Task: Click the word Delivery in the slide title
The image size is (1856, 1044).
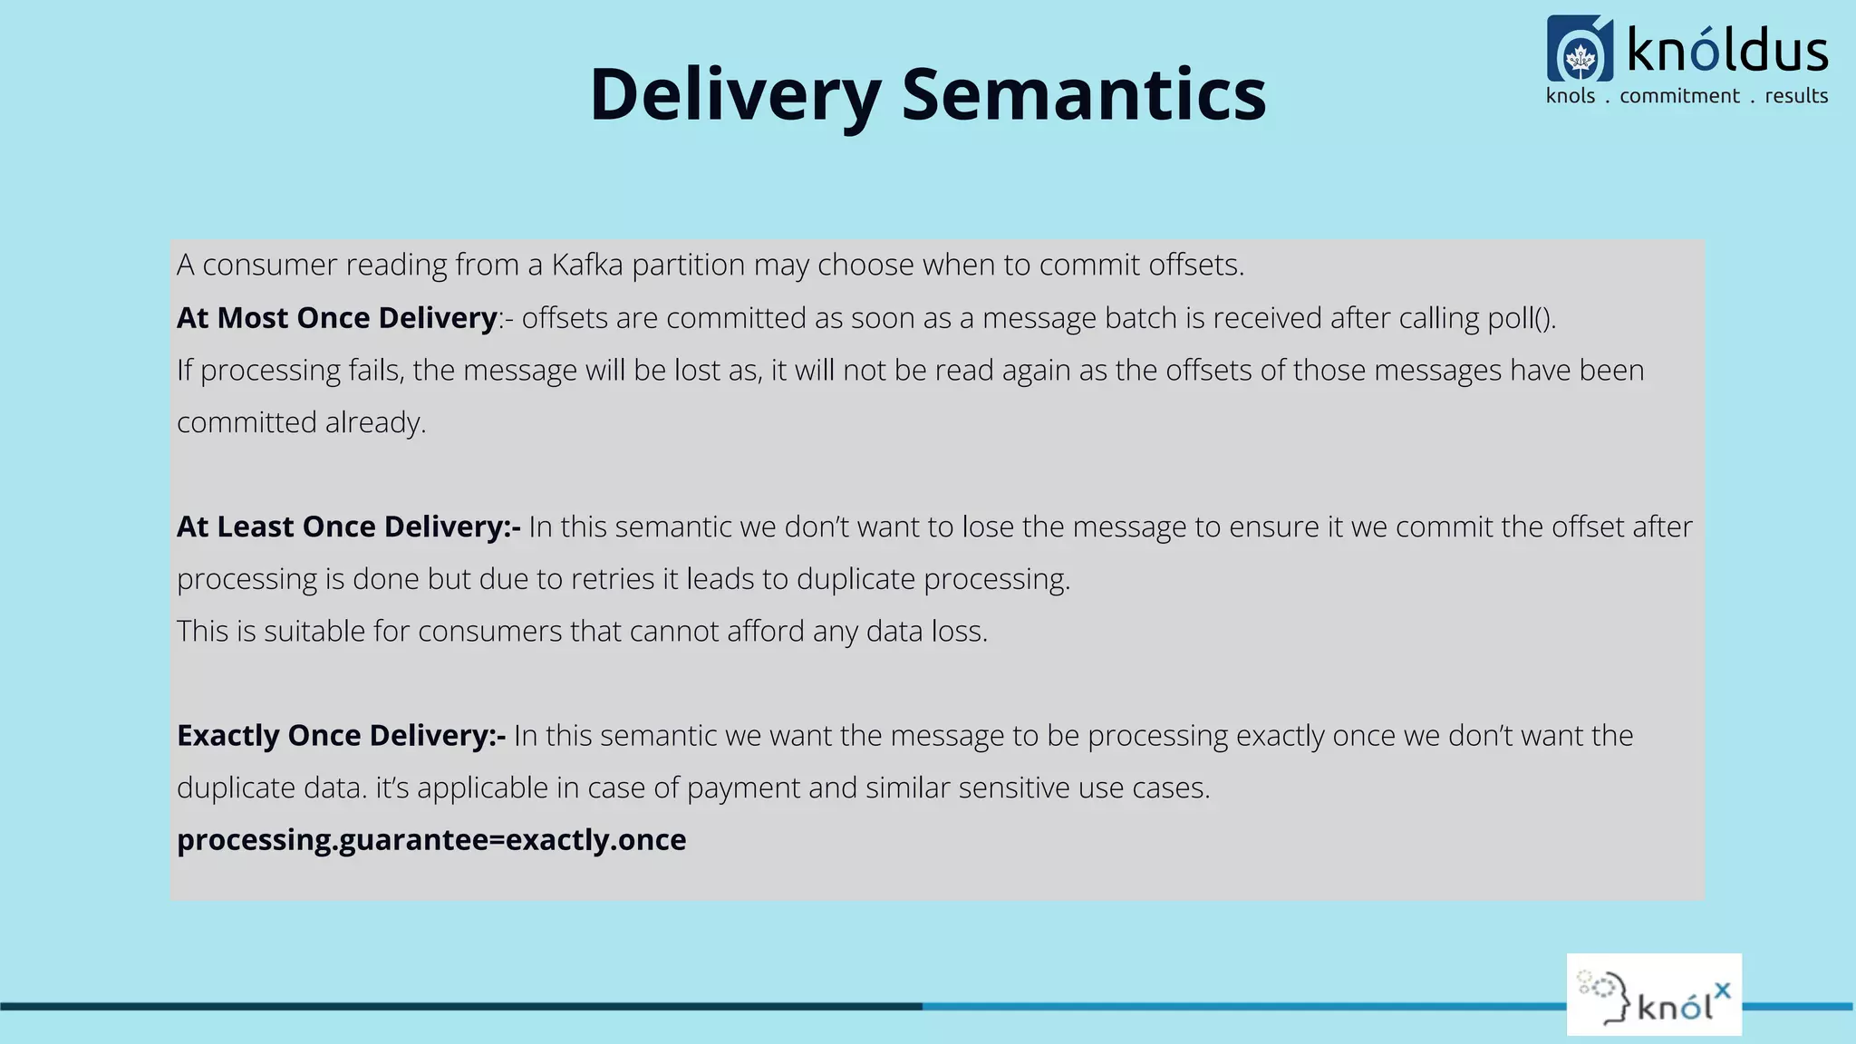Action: point(734,95)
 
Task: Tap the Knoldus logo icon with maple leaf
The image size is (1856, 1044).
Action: point(1580,50)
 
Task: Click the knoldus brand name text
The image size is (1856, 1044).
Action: point(1726,51)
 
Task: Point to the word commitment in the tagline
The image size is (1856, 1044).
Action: point(1679,96)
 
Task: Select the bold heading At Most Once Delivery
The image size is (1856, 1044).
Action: point(336,318)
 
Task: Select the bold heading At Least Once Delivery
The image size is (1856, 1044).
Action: point(348,527)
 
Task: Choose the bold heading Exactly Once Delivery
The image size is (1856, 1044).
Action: point(341,735)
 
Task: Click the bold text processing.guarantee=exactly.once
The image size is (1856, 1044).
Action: point(431,840)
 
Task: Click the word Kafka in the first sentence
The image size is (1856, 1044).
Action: point(586,265)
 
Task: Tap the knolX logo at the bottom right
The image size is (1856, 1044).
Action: point(1654,994)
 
